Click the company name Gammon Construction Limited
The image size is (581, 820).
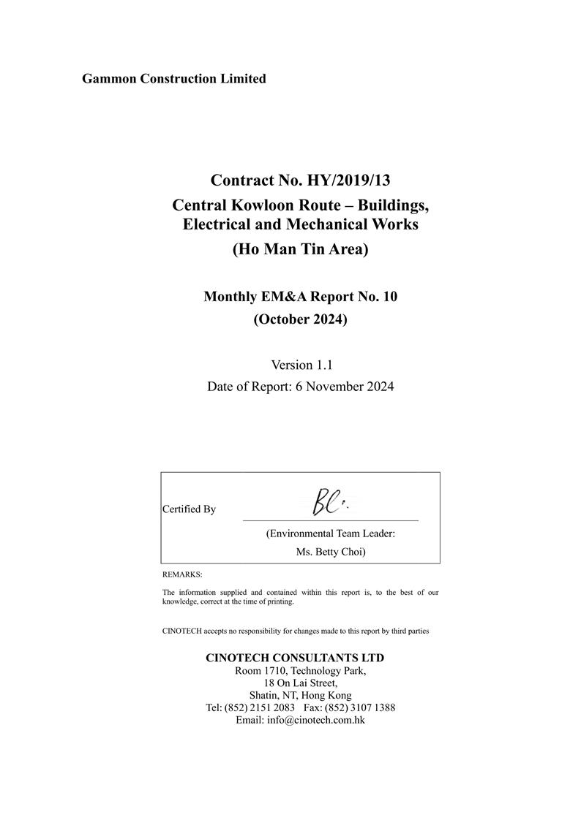[x=174, y=78]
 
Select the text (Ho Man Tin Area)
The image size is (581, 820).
[x=300, y=249]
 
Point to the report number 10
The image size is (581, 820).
[x=389, y=296]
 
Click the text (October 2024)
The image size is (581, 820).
[x=300, y=319]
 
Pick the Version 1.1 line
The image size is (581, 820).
[x=301, y=364]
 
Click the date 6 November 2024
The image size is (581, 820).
[x=345, y=387]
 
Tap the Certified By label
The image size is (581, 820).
[x=189, y=509]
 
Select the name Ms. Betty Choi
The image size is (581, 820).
[x=331, y=552]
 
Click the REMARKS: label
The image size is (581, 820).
[x=182, y=575]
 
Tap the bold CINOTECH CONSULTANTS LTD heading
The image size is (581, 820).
[x=295, y=658]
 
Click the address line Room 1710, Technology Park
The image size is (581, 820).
[x=300, y=671]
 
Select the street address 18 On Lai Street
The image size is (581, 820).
[x=300, y=683]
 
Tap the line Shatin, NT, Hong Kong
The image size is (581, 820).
[x=300, y=696]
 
